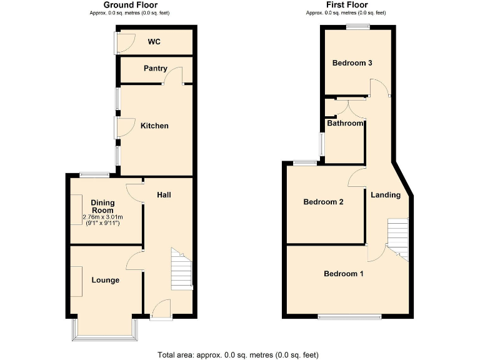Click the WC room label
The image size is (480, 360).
coord(154,42)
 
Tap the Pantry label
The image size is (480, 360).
coord(155,68)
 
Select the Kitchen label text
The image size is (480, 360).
coord(154,126)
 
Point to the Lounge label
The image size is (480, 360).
coord(106,280)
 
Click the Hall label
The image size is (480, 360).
coord(164,195)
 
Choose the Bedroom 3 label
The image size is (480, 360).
coord(352,63)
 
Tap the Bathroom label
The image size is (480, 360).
coord(346,123)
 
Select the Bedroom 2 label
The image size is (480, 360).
coord(324,202)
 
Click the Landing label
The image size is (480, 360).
coord(386,195)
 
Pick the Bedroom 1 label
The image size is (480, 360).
coord(344,274)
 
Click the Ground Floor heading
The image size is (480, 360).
coord(129,5)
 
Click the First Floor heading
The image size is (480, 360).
coord(346,5)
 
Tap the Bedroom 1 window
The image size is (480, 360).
coord(350,317)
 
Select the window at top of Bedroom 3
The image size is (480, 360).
coord(358,26)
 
